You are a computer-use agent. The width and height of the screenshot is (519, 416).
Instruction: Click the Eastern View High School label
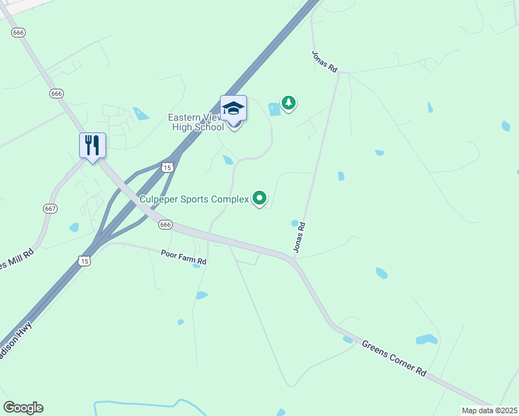196,122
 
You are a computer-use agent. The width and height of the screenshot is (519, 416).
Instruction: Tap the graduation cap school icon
233,109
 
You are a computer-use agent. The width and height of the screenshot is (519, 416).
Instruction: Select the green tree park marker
289,103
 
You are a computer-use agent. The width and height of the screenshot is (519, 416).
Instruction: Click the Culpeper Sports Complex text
194,199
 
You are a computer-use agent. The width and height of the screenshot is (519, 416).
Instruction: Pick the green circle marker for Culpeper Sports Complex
259,198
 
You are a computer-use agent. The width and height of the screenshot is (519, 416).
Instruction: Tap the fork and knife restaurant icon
92,145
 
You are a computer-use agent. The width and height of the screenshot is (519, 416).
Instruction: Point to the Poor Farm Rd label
183,257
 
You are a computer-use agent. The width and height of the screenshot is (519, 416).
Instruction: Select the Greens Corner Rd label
394,357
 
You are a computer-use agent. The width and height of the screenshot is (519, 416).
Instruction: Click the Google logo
23,407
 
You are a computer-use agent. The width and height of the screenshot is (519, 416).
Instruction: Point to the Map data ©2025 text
489,410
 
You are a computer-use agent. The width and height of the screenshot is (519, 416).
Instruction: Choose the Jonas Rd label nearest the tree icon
323,61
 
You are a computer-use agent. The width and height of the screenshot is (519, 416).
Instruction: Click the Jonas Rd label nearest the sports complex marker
299,236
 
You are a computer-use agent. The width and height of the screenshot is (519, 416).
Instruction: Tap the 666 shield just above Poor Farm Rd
165,225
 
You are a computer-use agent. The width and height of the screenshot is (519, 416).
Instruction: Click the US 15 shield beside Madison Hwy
84,261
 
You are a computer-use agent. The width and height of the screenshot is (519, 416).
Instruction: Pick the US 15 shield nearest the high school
167,166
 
